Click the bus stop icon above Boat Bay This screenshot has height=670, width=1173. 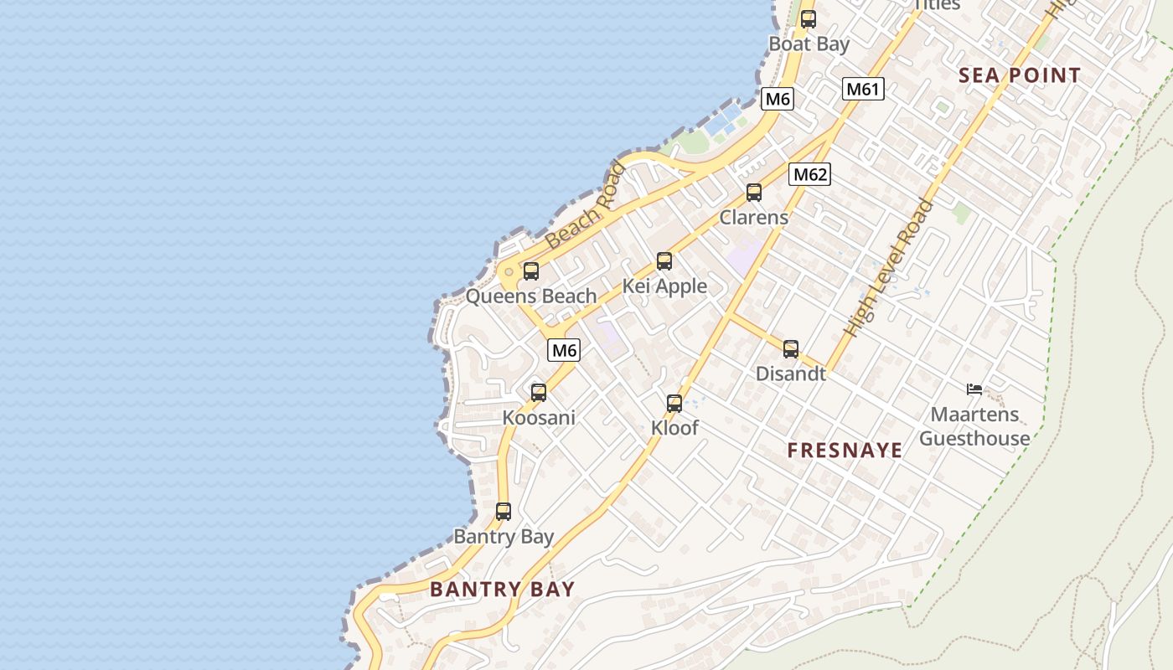click(x=808, y=19)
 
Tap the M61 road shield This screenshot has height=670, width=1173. click(x=863, y=89)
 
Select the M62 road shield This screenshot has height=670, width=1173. click(x=809, y=174)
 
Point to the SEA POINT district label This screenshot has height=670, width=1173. click(x=1020, y=75)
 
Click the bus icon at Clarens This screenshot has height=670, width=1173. click(x=754, y=193)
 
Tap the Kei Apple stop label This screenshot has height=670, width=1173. click(x=664, y=286)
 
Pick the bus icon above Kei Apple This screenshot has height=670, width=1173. click(x=664, y=261)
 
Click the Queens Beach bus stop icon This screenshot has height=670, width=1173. click(x=531, y=271)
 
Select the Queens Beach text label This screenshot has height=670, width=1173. click(x=531, y=296)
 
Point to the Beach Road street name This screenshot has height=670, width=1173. click(x=585, y=206)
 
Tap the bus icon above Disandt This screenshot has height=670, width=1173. click(x=791, y=349)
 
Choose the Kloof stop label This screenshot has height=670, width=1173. click(x=674, y=428)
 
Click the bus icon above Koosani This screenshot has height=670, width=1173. click(x=539, y=392)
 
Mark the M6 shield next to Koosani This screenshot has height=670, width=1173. click(x=564, y=350)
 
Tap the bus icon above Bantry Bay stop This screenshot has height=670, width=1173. click(x=504, y=511)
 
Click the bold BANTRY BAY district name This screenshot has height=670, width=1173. click(x=503, y=589)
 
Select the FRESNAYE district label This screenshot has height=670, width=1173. click(x=845, y=451)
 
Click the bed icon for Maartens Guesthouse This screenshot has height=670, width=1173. click(x=974, y=389)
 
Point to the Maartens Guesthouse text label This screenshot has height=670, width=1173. click(x=974, y=426)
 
